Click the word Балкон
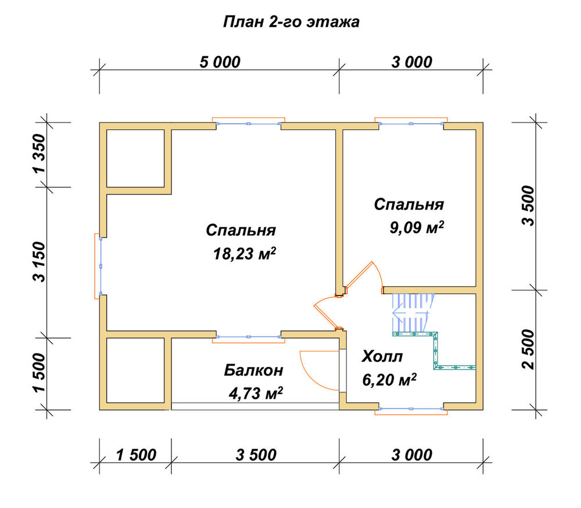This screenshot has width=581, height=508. pos(254,370)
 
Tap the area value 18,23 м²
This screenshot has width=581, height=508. pos(245,254)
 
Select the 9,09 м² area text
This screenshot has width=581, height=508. pos(417,228)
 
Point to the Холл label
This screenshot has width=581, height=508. pos(382,356)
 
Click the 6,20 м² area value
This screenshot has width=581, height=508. pos(389,380)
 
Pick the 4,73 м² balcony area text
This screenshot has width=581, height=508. pos(256,393)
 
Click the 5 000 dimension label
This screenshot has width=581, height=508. pos(220,62)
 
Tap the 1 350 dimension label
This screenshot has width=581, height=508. pos(39,153)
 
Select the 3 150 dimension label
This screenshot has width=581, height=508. pos(39,262)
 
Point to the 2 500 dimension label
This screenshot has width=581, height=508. pos(528,350)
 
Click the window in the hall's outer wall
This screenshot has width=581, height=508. pos(411,409)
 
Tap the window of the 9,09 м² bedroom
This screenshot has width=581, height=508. pos(411,123)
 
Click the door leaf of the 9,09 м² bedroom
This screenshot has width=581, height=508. pos(359,275)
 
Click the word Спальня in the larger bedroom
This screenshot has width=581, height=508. pos(241,230)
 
